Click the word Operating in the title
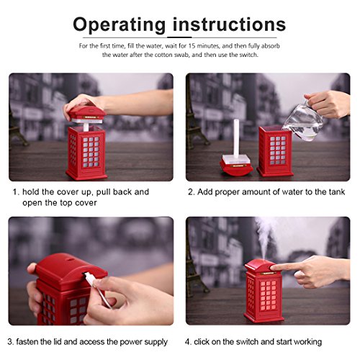pos(120,25)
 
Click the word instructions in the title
pos(229,24)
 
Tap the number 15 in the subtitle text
pos(191,45)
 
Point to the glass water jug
pos(303,122)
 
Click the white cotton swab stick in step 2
pos(236,139)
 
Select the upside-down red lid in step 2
pos(236,165)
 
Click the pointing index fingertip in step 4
pos(272,267)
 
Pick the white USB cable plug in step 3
pos(89,278)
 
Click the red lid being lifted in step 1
pos(88,114)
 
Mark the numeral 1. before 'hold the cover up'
pos(16,192)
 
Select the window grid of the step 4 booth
pos(268,295)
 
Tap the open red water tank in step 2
pos(275,151)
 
